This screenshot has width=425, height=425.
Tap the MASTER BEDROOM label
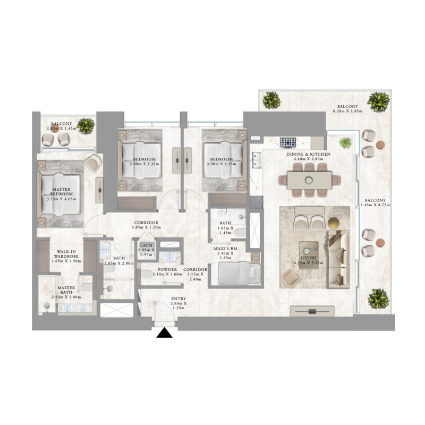[x=61, y=193]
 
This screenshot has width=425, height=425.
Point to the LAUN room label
[x=146, y=245]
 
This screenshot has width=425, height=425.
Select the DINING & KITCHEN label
[x=308, y=154]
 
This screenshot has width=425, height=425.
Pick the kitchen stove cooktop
[x=288, y=142]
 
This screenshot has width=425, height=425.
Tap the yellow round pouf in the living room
[x=333, y=222]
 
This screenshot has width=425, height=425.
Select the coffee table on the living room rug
[x=309, y=254]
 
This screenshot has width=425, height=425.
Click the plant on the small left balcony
[x=86, y=126]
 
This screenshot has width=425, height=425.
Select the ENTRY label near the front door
[x=178, y=300]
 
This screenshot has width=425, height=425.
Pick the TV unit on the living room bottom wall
[x=311, y=311]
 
